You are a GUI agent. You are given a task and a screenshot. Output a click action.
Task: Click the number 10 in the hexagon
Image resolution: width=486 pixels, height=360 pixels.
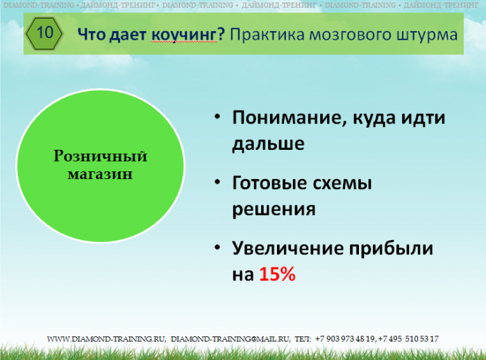coord(45,32)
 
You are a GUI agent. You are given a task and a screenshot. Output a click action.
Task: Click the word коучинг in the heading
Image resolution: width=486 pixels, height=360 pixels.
coord(185,35)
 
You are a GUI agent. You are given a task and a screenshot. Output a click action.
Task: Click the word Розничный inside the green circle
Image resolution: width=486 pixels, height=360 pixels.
coord(100,155)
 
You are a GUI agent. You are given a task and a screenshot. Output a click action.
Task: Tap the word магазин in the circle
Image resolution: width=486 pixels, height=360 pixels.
coord(100,174)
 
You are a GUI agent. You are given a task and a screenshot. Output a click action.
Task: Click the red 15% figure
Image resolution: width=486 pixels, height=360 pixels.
coord(278,274)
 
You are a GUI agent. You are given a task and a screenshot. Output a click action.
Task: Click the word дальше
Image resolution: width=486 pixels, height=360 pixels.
coord(269,144)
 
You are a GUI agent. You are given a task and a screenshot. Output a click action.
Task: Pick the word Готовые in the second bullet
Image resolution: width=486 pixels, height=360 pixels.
coord(269,183)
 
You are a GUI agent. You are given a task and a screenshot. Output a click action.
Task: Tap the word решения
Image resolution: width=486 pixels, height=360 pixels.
coord(274,209)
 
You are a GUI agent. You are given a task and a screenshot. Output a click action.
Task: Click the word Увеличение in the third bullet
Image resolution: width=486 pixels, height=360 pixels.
coord(289,248)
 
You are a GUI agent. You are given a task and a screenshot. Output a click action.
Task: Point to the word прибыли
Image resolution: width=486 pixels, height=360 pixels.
coord(392,249)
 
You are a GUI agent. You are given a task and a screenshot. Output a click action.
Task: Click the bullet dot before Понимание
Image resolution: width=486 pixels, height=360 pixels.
coord(217,117)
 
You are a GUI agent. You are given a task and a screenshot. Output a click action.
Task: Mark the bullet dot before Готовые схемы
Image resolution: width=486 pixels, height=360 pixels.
coord(217,182)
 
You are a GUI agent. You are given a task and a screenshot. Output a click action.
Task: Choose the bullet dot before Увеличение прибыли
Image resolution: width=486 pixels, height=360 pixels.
coord(217,248)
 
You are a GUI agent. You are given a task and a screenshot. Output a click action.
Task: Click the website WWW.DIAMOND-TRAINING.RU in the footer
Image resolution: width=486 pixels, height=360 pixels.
coord(106,339)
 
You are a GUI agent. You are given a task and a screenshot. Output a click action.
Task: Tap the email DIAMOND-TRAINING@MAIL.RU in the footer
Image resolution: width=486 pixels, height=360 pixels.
coord(231,339)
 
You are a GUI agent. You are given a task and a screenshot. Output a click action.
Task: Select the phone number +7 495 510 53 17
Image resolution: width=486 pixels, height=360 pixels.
coord(408,339)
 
